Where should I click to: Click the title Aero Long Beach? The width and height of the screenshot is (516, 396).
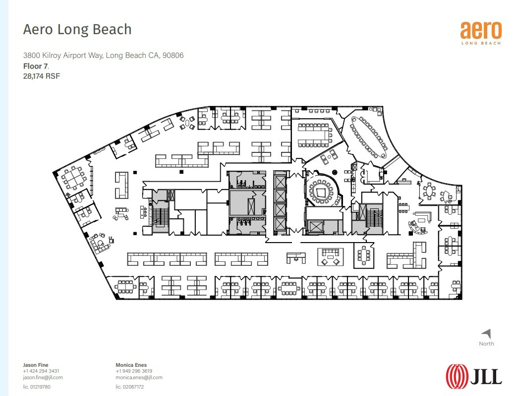77,30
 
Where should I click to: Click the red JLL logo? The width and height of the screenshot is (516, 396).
474,374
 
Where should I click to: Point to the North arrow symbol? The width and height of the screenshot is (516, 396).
486,334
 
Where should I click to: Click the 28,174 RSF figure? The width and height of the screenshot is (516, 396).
42,76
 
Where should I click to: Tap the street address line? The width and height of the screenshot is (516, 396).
103,55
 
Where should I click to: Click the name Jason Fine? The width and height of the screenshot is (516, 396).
36,365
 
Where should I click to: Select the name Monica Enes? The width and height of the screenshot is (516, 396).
131,365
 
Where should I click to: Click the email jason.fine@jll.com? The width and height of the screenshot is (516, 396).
43,377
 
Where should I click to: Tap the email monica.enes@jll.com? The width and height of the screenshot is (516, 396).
139,377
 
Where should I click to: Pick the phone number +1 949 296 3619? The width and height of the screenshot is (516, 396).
134,371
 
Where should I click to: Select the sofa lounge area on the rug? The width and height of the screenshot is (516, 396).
330,257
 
